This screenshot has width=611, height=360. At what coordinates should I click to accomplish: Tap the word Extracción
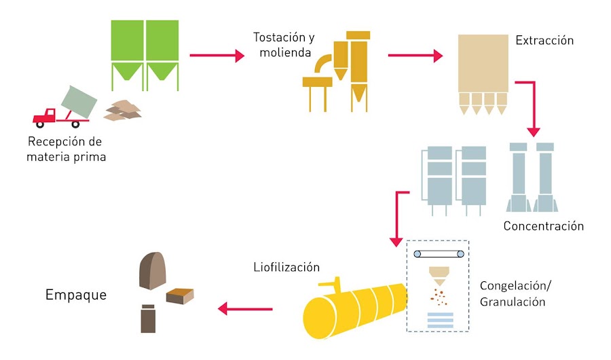point(544,40)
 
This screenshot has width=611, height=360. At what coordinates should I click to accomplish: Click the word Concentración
point(543,226)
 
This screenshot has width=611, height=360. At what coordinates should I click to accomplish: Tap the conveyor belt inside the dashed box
point(440,254)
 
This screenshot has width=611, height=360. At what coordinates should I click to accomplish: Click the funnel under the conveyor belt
point(439,275)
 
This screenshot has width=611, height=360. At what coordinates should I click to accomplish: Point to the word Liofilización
point(282,266)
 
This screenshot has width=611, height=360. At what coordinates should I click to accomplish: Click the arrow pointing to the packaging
point(244,310)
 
